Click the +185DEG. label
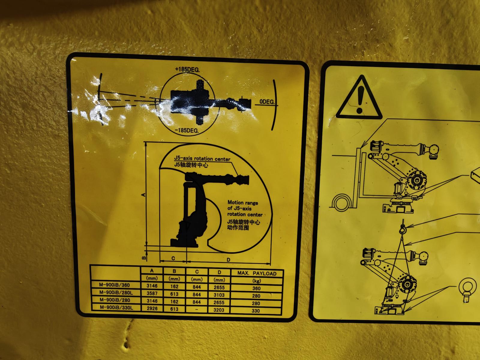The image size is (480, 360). pos(187,70)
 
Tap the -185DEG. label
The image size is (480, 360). pos(187,130)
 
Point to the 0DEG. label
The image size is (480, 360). pos(267,102)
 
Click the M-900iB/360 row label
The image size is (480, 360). pos(114,285)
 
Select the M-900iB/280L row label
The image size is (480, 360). pos(116,292)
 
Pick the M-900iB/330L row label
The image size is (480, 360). pos(116,307)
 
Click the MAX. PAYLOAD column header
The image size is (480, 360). pos(257,273)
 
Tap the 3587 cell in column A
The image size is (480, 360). pos(152,293)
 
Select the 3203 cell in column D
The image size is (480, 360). pos(219,310)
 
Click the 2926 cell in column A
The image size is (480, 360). pos(152,308)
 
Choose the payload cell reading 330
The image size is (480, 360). pos(256,311)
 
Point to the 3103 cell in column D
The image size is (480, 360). pos(219,295)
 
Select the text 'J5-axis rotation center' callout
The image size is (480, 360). pos(202,159)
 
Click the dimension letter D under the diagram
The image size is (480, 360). pos(228,260)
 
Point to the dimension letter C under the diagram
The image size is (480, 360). pos(173,258)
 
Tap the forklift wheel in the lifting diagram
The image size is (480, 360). pos(341,203)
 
